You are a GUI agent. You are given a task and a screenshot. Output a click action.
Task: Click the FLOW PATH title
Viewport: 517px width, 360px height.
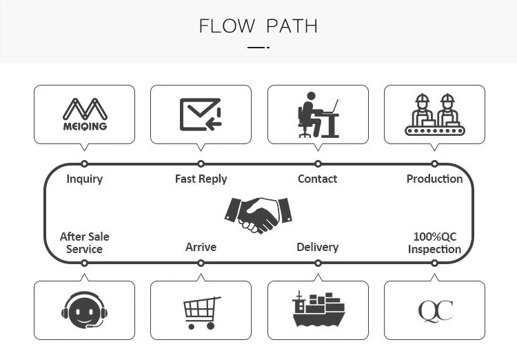click(258, 26)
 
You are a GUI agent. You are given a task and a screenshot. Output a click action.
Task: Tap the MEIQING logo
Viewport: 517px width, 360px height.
click(84, 114)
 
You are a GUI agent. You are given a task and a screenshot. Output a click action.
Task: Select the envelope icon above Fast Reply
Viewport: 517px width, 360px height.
click(201, 114)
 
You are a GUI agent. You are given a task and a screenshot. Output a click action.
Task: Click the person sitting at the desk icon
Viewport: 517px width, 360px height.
click(318, 114)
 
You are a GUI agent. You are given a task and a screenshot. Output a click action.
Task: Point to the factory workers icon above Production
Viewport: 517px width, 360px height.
click(434, 114)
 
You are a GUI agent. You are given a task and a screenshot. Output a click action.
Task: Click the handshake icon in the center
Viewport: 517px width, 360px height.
click(258, 214)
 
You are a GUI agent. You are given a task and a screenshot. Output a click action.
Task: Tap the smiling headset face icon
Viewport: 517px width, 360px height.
click(84, 311)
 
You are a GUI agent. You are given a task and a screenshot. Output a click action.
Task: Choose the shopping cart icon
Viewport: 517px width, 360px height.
click(201, 312)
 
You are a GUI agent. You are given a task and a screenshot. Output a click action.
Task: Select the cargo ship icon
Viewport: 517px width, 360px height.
click(318, 310)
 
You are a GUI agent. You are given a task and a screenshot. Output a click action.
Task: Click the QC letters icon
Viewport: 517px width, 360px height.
click(435, 311)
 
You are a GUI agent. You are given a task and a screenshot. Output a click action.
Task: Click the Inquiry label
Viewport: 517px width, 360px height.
click(84, 179)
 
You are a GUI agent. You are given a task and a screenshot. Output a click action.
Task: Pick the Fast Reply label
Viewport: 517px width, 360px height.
click(201, 179)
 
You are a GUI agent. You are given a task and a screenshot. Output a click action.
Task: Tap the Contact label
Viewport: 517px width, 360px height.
click(318, 179)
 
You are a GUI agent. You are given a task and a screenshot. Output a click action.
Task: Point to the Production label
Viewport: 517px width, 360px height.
click(434, 179)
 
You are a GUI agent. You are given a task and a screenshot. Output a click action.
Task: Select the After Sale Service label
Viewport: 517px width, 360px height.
click(84, 243)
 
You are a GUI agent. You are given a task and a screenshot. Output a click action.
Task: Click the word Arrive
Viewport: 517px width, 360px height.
click(201, 247)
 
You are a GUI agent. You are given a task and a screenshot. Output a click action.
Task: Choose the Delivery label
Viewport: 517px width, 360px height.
click(318, 247)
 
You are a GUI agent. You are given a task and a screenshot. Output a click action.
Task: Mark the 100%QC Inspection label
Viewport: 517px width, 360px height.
click(434, 243)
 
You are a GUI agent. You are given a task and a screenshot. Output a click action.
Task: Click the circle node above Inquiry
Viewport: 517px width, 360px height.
click(84, 164)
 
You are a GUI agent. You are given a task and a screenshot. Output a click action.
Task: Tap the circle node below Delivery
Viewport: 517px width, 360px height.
click(318, 263)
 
